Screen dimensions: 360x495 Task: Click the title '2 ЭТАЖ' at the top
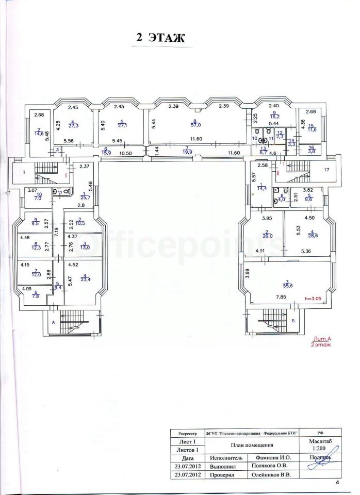pos(160,38)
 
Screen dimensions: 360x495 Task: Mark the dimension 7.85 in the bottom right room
pos(281,298)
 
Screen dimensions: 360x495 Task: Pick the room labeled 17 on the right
pos(326,170)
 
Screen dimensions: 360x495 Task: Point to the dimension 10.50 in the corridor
pos(126,153)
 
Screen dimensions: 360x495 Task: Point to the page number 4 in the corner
pos(337,483)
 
